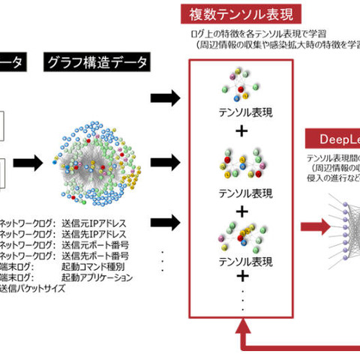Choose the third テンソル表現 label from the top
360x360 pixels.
pyautogui.click(x=242, y=262)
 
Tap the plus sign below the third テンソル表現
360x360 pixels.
pyautogui.click(x=242, y=279)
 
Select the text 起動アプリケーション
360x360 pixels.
pyautogui.click(x=97, y=277)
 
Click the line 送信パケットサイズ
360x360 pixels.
pyautogui.click(x=31, y=287)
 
